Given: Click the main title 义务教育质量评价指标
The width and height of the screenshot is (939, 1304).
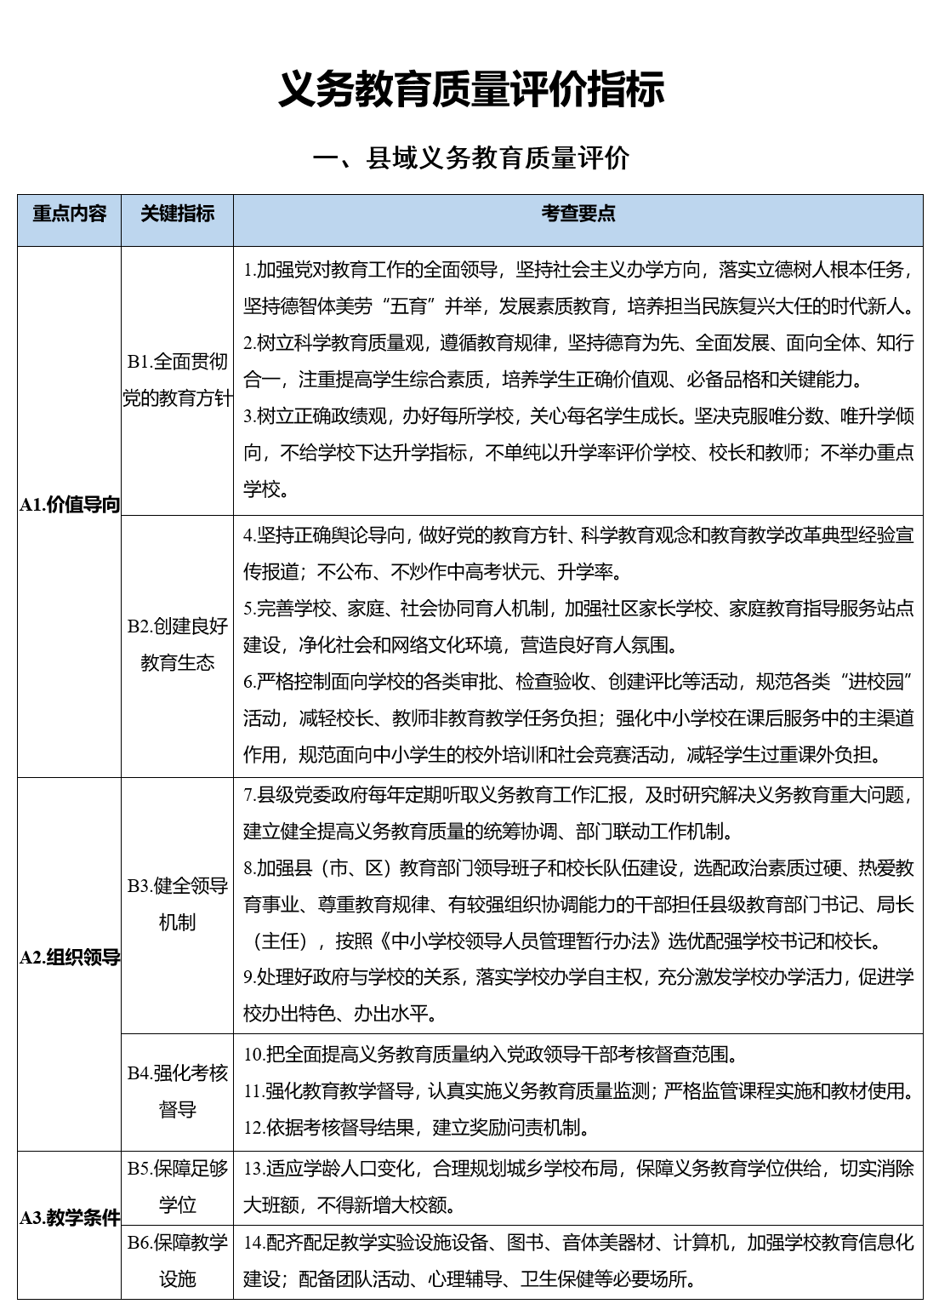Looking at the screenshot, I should (470, 90).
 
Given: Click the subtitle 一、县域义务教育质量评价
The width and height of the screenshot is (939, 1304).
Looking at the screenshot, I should (470, 158).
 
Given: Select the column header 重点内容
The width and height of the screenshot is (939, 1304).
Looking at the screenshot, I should (70, 214).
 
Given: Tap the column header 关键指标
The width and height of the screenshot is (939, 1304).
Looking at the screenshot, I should (177, 214).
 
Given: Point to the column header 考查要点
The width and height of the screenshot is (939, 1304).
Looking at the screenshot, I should (578, 214).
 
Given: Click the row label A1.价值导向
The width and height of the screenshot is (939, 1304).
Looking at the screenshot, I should (70, 505).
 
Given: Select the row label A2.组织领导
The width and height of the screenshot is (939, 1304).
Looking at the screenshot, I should (70, 958).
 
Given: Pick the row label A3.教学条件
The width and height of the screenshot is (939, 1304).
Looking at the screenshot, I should (70, 1218).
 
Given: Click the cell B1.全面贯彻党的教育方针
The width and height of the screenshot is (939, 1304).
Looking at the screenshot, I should (177, 380).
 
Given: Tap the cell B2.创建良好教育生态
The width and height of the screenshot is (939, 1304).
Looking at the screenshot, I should (177, 644).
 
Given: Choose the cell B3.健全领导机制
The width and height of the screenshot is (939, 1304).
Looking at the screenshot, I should (177, 904).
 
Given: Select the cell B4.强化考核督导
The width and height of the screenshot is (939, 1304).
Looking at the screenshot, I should (177, 1091).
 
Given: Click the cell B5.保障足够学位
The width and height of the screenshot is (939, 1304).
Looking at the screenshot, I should (177, 1187).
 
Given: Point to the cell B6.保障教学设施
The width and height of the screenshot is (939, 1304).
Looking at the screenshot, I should (177, 1261).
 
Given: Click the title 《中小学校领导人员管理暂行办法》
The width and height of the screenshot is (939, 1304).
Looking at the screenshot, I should (521, 941).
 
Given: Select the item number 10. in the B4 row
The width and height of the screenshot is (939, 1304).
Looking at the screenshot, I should (254, 1055).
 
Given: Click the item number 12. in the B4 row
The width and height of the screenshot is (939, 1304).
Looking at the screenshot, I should (254, 1129).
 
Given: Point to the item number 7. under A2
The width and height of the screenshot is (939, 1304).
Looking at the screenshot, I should (250, 795).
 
